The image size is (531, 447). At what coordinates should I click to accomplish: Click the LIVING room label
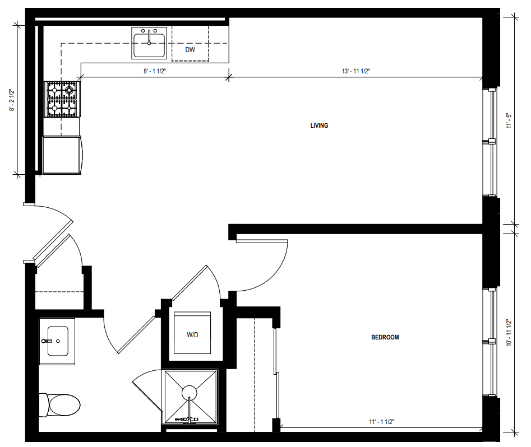319,125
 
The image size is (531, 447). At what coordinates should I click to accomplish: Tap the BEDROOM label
385,337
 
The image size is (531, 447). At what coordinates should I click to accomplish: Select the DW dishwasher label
190,50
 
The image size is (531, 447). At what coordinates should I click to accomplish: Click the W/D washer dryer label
192,335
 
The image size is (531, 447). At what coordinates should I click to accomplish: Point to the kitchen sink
149,43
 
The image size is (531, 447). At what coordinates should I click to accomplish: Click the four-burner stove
62,99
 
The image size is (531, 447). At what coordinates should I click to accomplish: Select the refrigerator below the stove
62,155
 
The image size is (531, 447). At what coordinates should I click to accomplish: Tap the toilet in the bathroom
59,404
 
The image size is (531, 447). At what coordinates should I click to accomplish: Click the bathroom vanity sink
57,341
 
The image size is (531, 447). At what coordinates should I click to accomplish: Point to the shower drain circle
190,393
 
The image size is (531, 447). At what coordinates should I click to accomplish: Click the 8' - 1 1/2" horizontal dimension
155,71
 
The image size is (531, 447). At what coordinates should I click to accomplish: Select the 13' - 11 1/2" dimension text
355,71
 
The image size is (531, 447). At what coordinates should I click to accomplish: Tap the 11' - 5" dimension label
509,121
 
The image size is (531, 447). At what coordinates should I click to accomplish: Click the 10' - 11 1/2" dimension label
509,333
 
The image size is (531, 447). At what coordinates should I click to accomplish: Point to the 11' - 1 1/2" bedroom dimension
381,422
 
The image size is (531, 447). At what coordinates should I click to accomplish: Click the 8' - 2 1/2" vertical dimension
12,100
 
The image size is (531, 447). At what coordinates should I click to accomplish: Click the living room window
490,142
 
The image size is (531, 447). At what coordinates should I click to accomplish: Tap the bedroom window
490,342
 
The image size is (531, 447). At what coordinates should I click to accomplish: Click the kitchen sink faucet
149,37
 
